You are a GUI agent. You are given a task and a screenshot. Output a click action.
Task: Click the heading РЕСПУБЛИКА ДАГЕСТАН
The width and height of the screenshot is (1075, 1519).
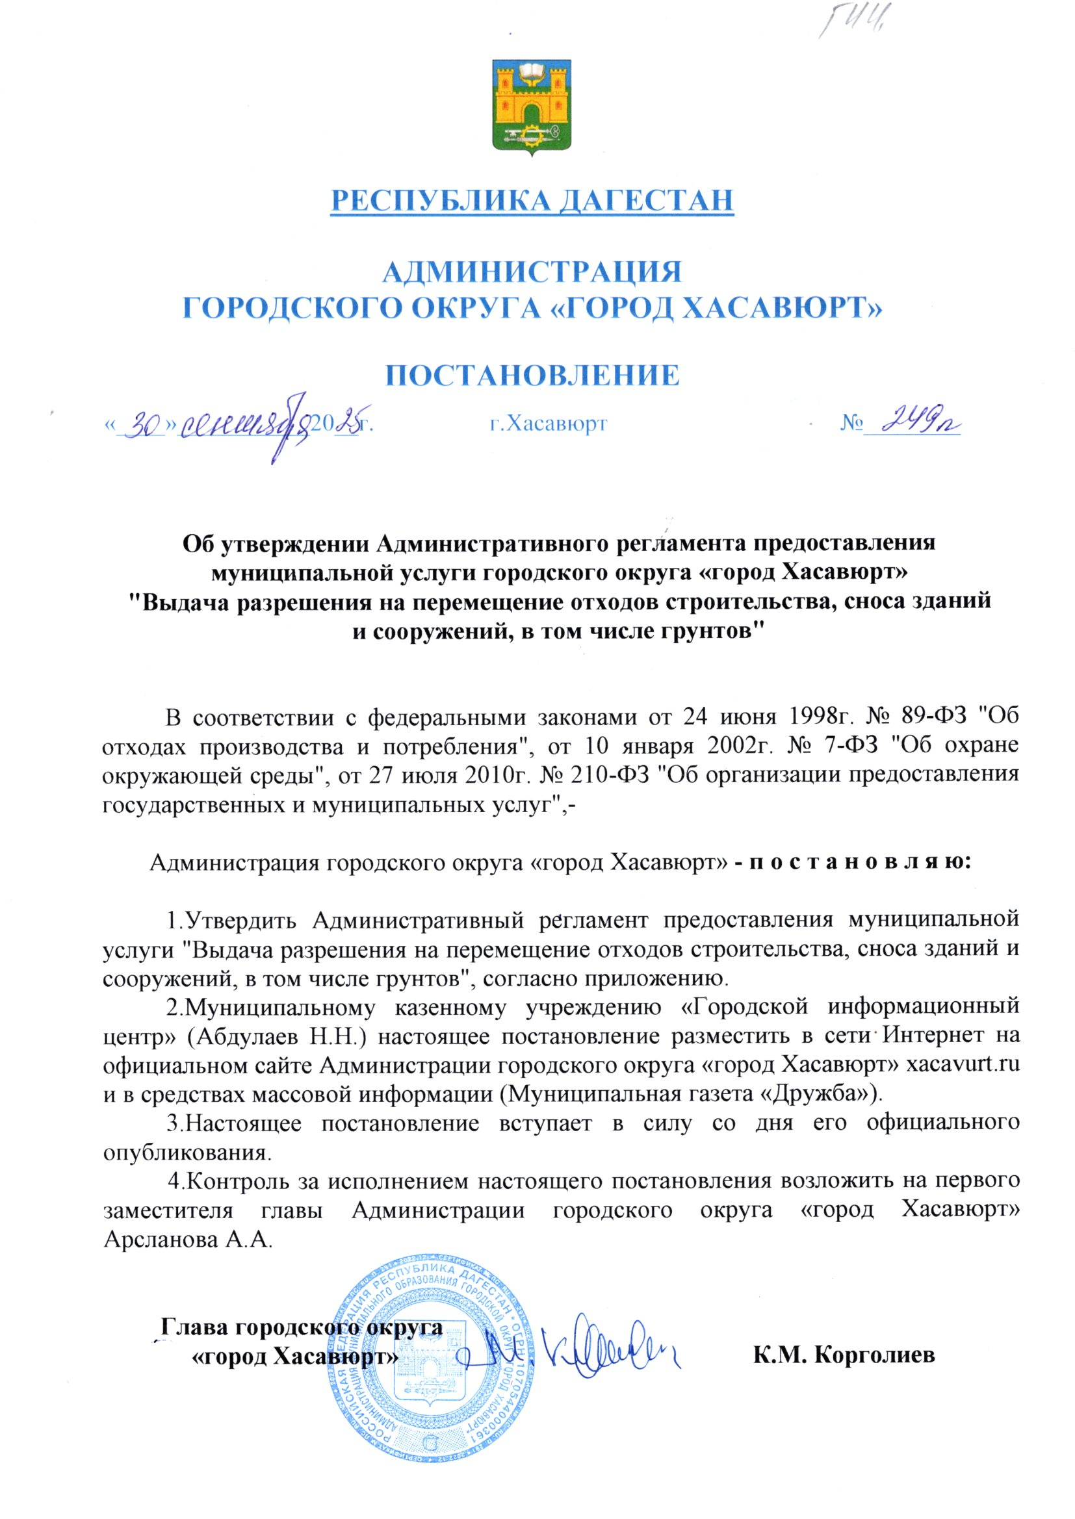tap(532, 201)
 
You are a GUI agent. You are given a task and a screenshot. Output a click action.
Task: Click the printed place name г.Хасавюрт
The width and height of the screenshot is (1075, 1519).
tap(548, 424)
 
